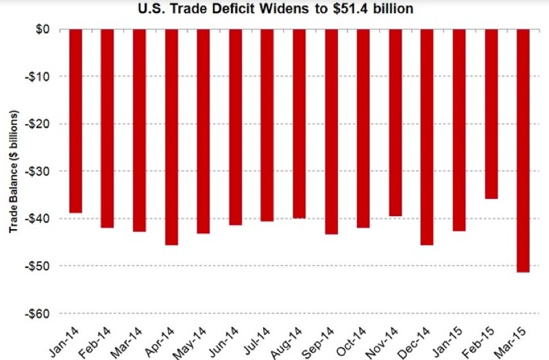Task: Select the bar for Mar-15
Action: pos(523,151)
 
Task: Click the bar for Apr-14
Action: pos(171,137)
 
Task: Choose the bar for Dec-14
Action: pos(427,137)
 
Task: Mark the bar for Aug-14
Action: pos(299,124)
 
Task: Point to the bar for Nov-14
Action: pos(395,123)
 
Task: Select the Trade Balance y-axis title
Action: pos(13,171)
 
